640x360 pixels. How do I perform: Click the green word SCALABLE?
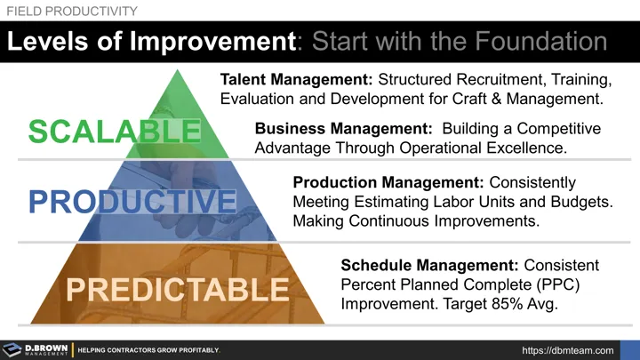[x=115, y=132]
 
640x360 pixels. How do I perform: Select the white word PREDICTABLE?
[x=177, y=290]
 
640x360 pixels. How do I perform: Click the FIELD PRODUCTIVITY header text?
[x=72, y=11]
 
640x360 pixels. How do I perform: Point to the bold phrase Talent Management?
[x=287, y=79]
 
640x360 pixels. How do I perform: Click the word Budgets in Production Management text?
[x=581, y=202]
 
